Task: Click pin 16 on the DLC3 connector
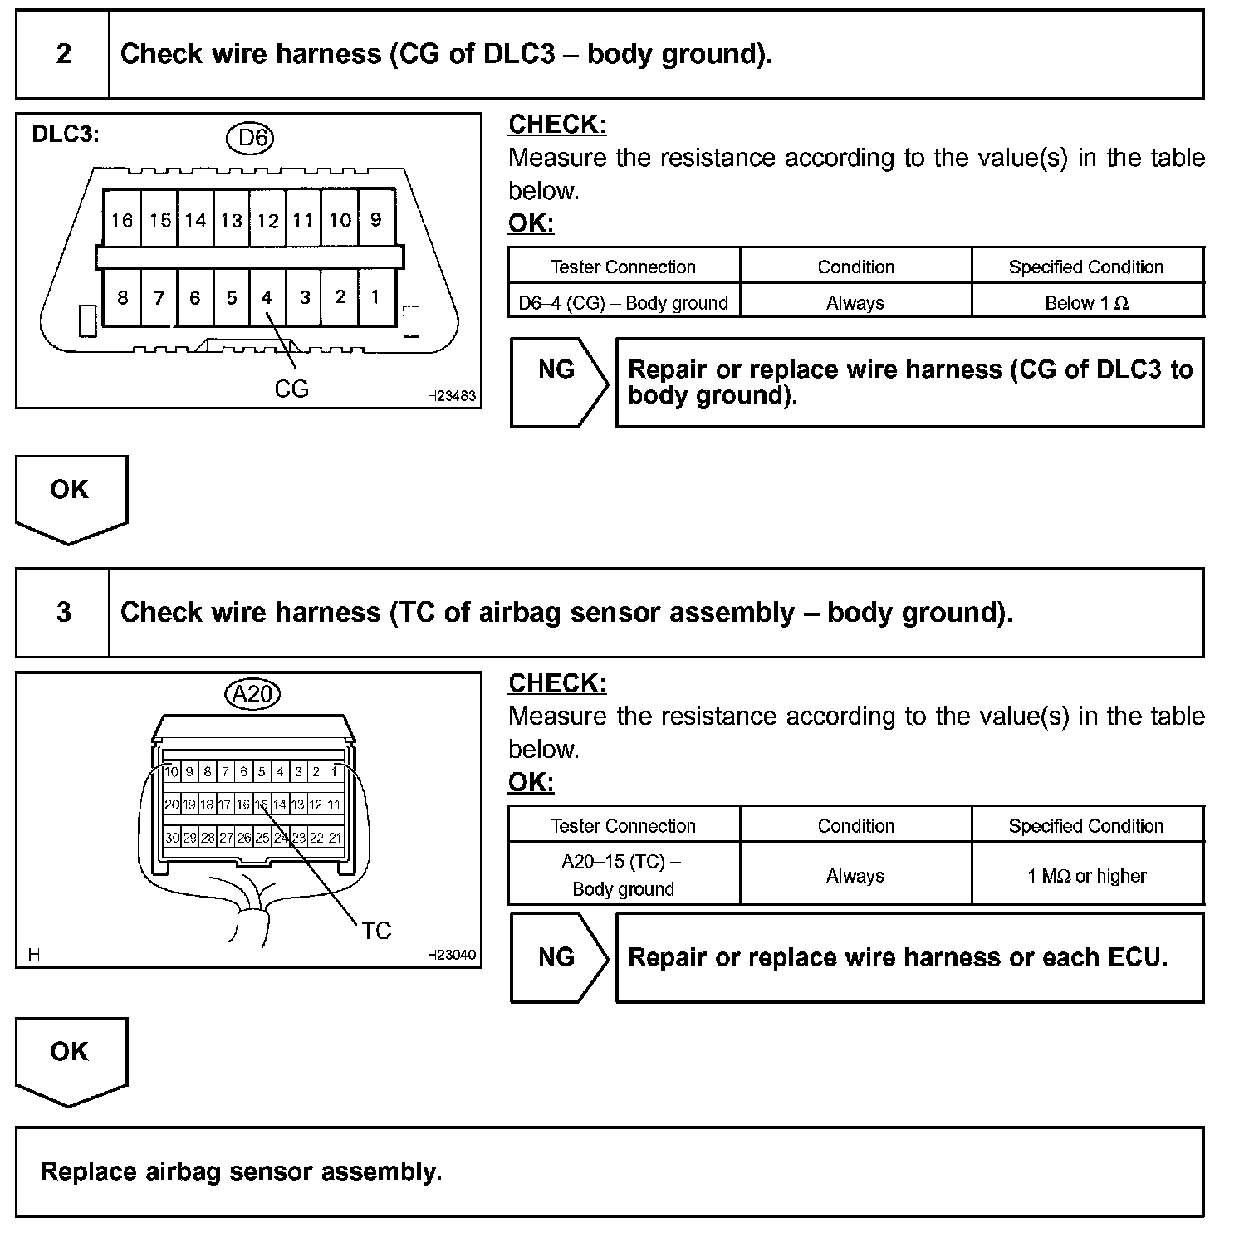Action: (122, 220)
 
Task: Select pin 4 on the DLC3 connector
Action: (267, 297)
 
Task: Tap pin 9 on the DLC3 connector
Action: (376, 220)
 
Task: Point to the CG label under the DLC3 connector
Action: (291, 389)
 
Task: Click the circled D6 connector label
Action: (252, 138)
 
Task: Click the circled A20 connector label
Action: (252, 693)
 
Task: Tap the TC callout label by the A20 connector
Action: (376, 931)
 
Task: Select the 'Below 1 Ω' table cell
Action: (1087, 303)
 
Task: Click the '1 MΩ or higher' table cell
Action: (1087, 876)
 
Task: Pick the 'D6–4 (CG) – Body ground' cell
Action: (623, 303)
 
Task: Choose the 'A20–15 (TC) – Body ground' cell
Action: (623, 875)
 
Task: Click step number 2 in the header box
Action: (64, 55)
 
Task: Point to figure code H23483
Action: (451, 397)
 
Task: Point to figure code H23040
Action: (451, 956)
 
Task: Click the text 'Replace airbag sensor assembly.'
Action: (241, 1171)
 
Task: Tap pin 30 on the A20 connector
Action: (171, 838)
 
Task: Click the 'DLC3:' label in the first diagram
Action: (66, 135)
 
